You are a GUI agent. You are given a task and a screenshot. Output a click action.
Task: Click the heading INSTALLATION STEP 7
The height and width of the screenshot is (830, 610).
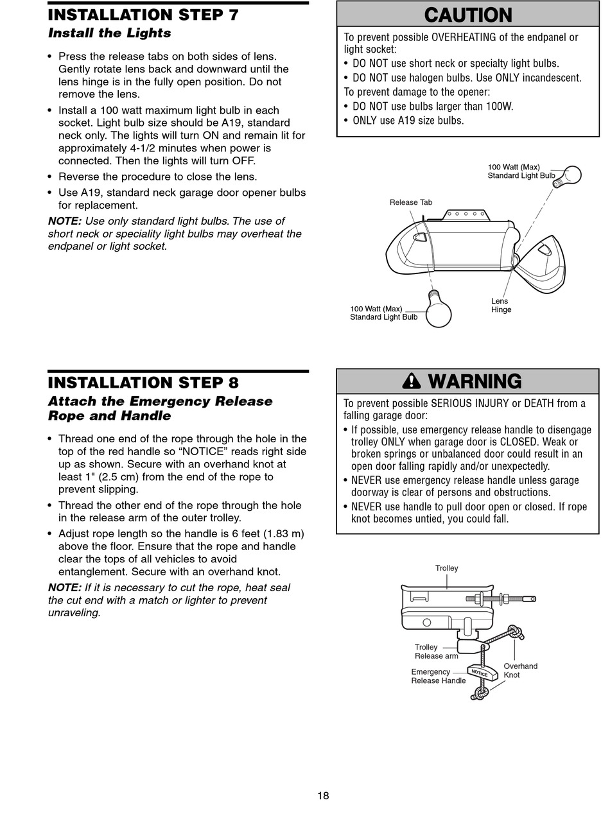pyautogui.click(x=143, y=15)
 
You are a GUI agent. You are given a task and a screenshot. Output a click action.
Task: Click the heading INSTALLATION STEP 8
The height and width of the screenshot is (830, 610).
pyautogui.click(x=143, y=383)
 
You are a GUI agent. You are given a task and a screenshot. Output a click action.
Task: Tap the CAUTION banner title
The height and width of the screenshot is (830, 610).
pyautogui.click(x=468, y=15)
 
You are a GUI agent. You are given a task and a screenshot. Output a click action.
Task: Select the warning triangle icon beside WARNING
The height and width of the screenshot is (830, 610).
pyautogui.click(x=411, y=381)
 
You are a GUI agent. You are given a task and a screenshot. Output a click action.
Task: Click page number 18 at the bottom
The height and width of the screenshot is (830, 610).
pyautogui.click(x=323, y=796)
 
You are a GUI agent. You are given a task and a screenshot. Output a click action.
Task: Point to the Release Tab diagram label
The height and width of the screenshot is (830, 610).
pyautogui.click(x=411, y=202)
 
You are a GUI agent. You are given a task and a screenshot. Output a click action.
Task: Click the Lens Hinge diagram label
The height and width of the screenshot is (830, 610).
pyautogui.click(x=501, y=305)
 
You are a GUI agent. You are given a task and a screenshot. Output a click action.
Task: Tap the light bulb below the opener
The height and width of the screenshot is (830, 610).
pyautogui.click(x=439, y=313)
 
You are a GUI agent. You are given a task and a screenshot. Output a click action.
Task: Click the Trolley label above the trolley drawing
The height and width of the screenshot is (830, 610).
pyautogui.click(x=446, y=568)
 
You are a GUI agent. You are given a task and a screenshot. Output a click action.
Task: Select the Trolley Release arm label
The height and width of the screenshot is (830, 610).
pyautogui.click(x=436, y=652)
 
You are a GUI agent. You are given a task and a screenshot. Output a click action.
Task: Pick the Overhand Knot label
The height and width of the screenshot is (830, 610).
pyautogui.click(x=520, y=670)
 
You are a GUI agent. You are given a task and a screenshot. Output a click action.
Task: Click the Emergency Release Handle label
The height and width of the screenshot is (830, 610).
pyautogui.click(x=439, y=677)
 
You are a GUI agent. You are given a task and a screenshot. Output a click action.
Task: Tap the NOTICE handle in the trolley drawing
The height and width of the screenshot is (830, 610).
pyautogui.click(x=482, y=672)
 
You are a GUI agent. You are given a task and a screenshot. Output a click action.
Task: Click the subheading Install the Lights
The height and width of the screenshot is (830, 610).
pyautogui.click(x=109, y=33)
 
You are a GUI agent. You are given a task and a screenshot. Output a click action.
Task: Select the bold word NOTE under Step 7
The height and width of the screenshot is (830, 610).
pyautogui.click(x=64, y=221)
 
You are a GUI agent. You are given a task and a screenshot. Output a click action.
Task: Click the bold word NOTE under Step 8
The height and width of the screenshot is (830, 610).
pyautogui.click(x=64, y=587)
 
